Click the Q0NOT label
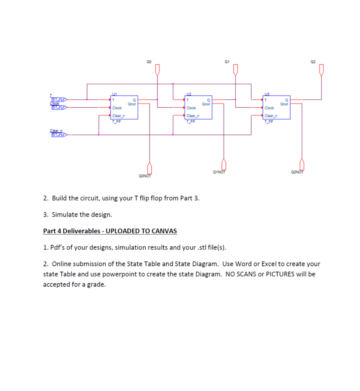click(x=145, y=176)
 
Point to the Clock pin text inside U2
click(x=191, y=108)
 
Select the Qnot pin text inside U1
click(x=132, y=103)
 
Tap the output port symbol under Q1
click(x=235, y=69)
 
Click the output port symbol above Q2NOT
click(x=302, y=164)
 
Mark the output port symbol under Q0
click(x=157, y=69)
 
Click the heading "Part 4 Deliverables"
click(x=110, y=231)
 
